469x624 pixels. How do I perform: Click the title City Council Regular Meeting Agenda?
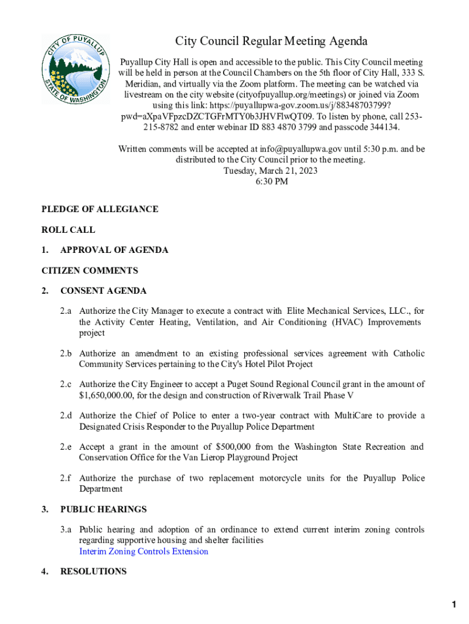coord(272,41)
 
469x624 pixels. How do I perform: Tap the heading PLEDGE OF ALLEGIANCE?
coord(100,209)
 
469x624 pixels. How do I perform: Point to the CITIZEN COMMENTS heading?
coord(90,271)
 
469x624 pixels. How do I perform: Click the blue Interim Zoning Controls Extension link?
coord(144,551)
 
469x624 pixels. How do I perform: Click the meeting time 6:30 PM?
coord(272,182)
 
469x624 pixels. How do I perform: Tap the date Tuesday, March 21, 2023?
coord(271,171)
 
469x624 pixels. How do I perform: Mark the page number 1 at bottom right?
coord(454,604)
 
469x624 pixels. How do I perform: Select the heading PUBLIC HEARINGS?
coord(104,509)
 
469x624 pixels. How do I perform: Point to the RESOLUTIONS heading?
coord(94,572)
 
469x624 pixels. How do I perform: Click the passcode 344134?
coord(384,127)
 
